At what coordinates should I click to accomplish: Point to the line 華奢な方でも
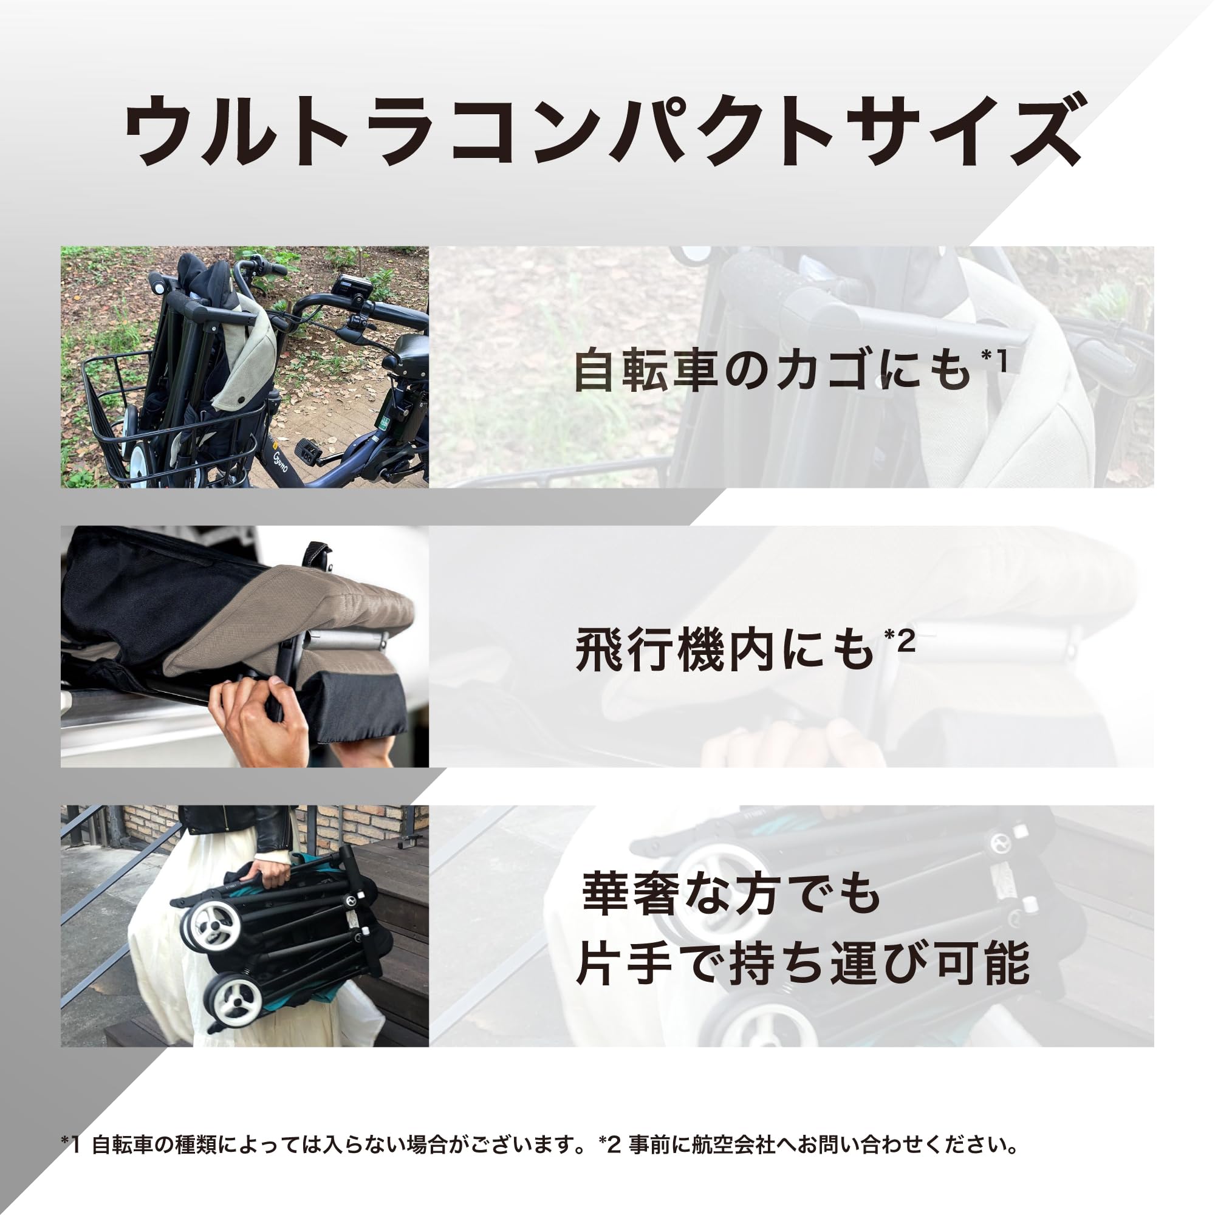click(x=730, y=893)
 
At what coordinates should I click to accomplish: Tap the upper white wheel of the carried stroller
click(x=211, y=925)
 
